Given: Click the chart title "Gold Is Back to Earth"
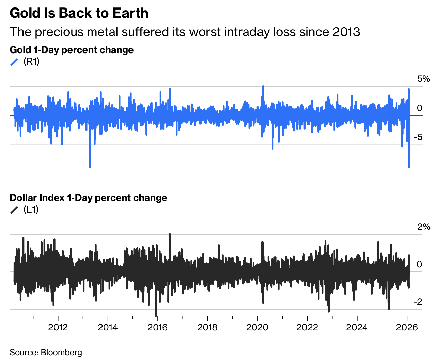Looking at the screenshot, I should point(79,13).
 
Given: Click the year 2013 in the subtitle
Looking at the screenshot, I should point(346,32).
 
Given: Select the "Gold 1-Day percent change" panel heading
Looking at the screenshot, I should point(72,50).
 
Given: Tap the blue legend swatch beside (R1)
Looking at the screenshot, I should point(14,62).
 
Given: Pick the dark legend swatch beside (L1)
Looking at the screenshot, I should point(14,210).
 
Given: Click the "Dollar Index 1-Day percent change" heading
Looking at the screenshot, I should point(88,198).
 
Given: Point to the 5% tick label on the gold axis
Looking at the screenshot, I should point(424,79).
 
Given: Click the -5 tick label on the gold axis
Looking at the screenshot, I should point(419,137).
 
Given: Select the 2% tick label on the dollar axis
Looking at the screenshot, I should point(424,227).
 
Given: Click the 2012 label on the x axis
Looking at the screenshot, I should point(58,328).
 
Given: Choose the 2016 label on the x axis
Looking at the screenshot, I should point(157,328).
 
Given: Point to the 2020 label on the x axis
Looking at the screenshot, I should point(257,328).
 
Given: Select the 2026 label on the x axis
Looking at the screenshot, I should point(407,328).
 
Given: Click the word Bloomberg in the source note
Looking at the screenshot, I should point(61,352).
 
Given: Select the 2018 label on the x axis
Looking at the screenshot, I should point(207,328).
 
